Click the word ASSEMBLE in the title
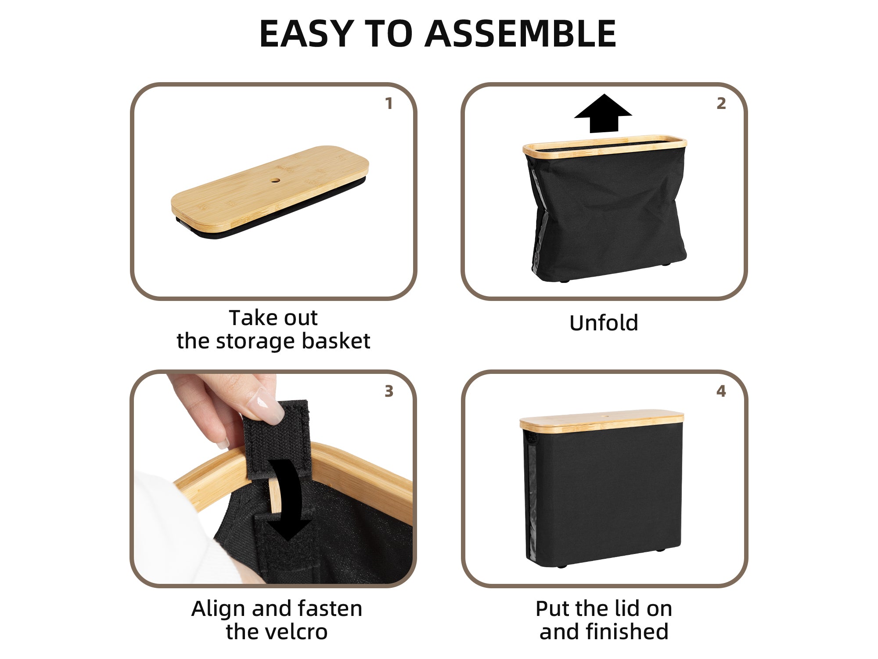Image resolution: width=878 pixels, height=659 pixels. (x=521, y=34)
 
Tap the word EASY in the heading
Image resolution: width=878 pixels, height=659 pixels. (x=306, y=34)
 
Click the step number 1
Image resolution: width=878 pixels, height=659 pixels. (x=389, y=104)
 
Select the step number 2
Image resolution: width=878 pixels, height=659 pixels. (x=721, y=104)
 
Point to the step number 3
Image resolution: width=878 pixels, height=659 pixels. (x=389, y=391)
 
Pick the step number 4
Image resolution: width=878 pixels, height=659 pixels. (x=721, y=391)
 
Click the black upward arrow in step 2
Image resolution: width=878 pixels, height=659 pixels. (x=604, y=113)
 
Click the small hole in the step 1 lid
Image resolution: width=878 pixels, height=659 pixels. (x=275, y=180)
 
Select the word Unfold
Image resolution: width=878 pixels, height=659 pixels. (x=604, y=323)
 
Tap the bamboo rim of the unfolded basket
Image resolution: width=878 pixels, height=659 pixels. (x=605, y=145)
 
